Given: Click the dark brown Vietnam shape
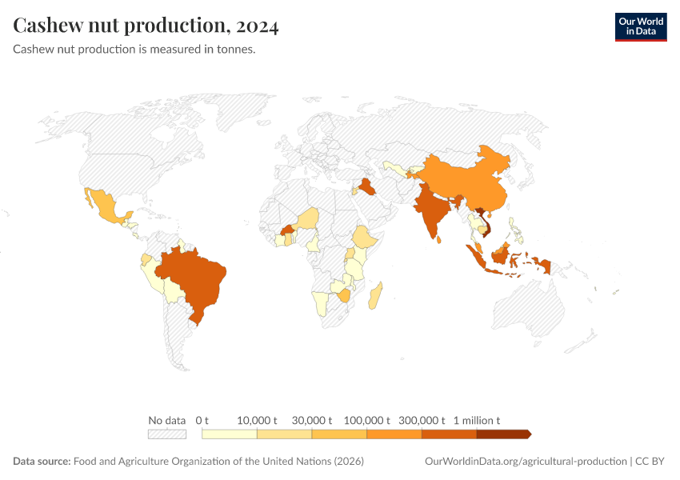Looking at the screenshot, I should tap(483, 224).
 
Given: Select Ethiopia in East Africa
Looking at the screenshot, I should tap(364, 238).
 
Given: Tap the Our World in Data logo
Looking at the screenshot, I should tap(640, 26).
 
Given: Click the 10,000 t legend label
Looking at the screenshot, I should tap(257, 420).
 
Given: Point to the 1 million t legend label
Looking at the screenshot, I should tap(477, 420).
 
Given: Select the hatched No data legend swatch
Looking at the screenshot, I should tap(167, 434).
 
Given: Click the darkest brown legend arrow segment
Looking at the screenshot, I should tap(503, 434).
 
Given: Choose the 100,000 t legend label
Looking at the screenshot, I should tap(366, 420).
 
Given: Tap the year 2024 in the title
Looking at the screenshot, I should tap(257, 26).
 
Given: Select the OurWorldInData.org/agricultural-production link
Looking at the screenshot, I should tap(524, 462).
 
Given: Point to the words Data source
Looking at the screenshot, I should tap(42, 462).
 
